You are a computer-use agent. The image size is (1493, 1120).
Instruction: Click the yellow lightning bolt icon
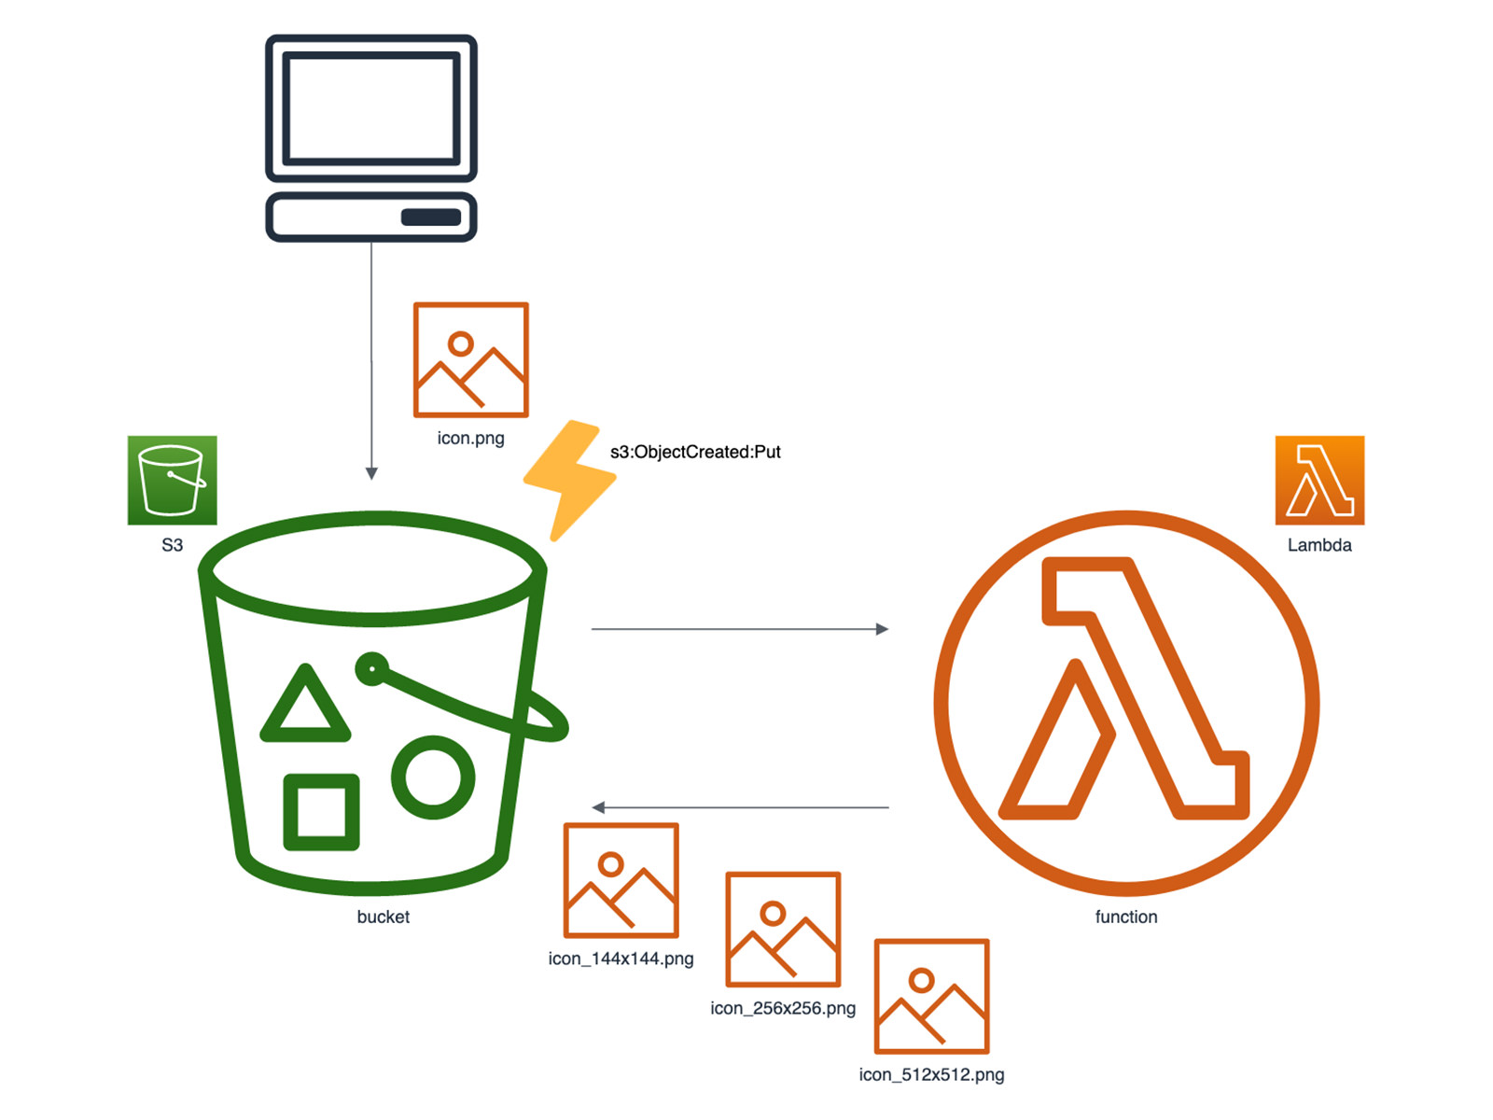pos(569,479)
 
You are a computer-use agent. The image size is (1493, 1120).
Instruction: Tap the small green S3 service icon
pos(173,480)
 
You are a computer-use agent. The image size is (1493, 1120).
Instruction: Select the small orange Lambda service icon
pos(1319,480)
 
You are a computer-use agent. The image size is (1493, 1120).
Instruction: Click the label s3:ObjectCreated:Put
pos(695,452)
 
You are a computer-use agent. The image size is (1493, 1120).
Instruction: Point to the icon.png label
pos(470,438)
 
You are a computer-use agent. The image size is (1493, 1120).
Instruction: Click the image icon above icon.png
pos(471,359)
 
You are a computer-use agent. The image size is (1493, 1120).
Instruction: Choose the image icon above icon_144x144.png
pos(621,880)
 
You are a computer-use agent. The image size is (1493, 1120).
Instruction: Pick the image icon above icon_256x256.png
pos(783,929)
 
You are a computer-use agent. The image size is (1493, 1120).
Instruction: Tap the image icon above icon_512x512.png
pos(931,996)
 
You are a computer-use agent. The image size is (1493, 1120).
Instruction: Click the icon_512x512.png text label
pos(931,1074)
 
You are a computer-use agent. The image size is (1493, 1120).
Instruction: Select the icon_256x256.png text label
pos(783,1008)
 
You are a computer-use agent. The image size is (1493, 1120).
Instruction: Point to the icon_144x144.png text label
pos(621,959)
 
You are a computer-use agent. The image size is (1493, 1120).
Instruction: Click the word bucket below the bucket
pos(383,917)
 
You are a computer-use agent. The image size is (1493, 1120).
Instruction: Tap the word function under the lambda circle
pos(1125,917)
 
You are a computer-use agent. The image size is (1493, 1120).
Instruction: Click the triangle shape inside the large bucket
pos(305,707)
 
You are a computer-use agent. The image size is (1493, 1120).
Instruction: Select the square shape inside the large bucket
pos(321,811)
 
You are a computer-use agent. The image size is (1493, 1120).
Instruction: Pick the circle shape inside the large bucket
pos(433,777)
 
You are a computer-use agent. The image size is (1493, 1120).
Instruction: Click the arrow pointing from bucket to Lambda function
pos(739,629)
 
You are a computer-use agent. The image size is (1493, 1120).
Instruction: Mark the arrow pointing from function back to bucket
pos(739,807)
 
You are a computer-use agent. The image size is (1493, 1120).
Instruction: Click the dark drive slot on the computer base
pos(431,217)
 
